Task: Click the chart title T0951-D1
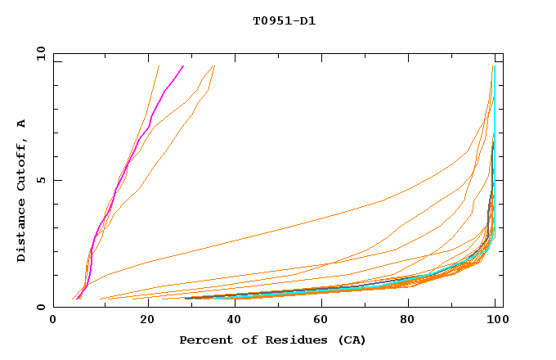[x=284, y=20]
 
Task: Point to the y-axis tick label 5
[x=43, y=180]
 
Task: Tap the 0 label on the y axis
[x=43, y=307]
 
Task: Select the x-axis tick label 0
[x=53, y=322]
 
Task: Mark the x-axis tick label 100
[x=495, y=322]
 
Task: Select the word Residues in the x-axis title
[x=283, y=340]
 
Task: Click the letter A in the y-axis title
[x=22, y=123]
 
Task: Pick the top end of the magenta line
[x=183, y=66]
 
